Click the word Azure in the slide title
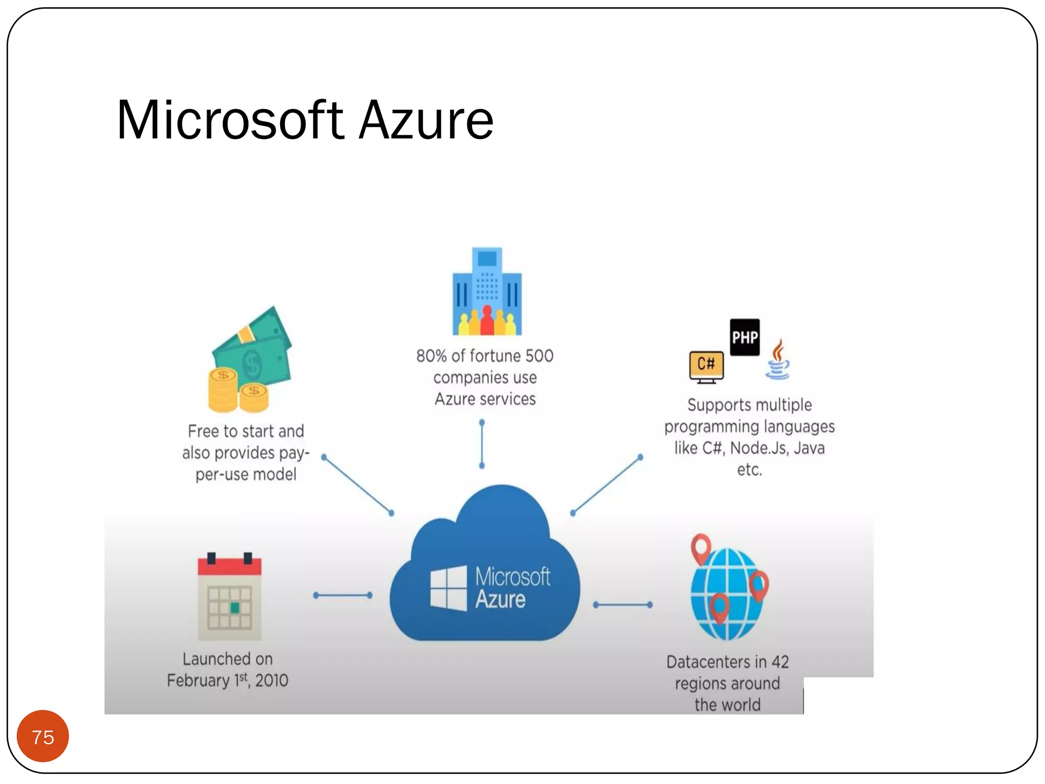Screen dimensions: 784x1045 click(426, 120)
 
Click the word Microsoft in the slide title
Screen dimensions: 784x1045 click(230, 120)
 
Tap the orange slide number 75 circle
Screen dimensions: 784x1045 click(43, 737)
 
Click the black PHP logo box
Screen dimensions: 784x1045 click(744, 337)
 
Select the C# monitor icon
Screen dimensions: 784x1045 click(706, 365)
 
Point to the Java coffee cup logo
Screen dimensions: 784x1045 click(777, 361)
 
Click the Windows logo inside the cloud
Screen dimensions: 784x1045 click(448, 587)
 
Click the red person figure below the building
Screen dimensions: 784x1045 click(487, 321)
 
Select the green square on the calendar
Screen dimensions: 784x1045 click(235, 607)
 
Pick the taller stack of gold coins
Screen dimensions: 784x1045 click(222, 390)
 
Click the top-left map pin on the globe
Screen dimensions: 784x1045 click(701, 547)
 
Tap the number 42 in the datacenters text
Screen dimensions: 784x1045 click(780, 662)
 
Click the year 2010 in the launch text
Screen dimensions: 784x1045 click(271, 680)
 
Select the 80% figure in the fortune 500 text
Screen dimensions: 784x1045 click(431, 356)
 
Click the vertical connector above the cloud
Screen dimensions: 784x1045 click(482, 444)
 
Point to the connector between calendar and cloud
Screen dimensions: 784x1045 click(342, 595)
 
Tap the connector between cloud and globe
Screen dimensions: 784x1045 click(623, 605)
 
